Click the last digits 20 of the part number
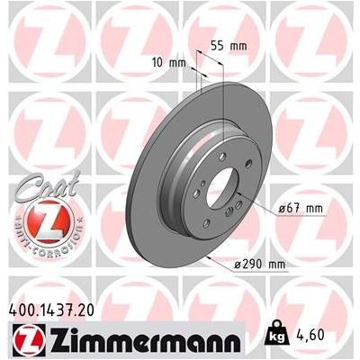pos(89,309)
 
